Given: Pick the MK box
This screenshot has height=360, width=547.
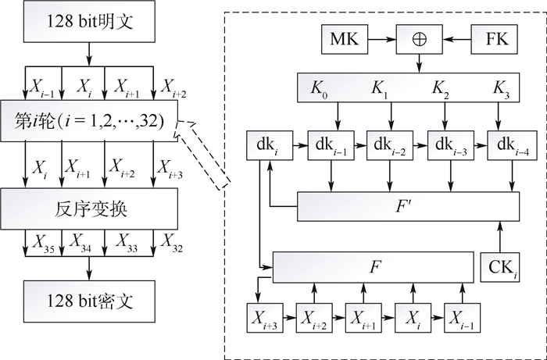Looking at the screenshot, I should point(345,37).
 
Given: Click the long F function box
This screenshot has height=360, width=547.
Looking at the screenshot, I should point(373,266).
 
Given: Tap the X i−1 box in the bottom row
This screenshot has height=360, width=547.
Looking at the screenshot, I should point(462,319).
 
